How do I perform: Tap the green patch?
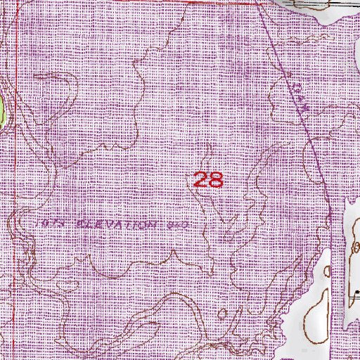tap(2, 109)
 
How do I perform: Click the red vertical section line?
tap(15, 176)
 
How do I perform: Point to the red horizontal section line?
tap(127, 1)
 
